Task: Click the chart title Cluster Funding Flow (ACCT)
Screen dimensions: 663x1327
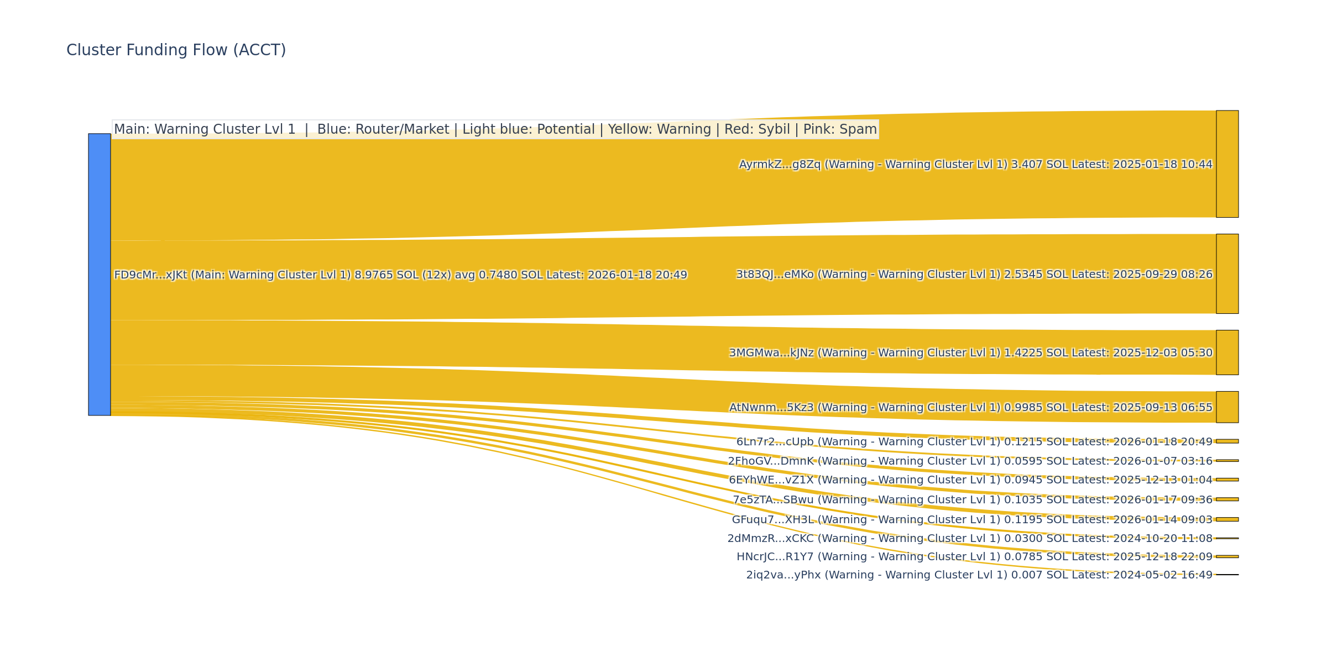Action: pyautogui.click(x=176, y=50)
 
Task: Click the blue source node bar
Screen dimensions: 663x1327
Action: pyautogui.click(x=100, y=274)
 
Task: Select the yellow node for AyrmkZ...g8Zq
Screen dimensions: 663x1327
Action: pyautogui.click(x=1227, y=164)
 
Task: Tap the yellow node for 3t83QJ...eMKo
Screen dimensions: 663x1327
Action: pyautogui.click(x=1227, y=274)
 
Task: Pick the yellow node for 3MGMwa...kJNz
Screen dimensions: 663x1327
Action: pyautogui.click(x=1227, y=352)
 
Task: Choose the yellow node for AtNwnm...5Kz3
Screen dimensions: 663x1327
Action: pyautogui.click(x=1227, y=407)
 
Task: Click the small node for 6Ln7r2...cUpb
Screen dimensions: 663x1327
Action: pyautogui.click(x=1227, y=441)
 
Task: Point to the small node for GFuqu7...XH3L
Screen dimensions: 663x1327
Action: pyautogui.click(x=1227, y=519)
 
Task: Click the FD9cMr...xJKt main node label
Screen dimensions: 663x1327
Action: pyautogui.click(x=400, y=275)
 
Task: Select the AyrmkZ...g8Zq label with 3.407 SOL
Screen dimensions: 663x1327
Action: pyautogui.click(x=975, y=165)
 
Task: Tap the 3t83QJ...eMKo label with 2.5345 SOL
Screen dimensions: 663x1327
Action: pyautogui.click(x=974, y=275)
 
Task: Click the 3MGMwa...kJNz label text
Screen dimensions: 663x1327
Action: pyautogui.click(x=970, y=353)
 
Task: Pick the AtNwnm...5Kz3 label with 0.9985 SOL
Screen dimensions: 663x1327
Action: pyautogui.click(x=970, y=408)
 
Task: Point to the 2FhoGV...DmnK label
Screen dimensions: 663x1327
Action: pyautogui.click(x=970, y=461)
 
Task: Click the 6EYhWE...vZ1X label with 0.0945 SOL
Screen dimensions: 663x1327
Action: pyautogui.click(x=970, y=480)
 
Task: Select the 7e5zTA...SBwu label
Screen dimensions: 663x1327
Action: pyautogui.click(x=972, y=500)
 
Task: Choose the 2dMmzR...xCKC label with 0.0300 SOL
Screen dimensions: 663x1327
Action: pyautogui.click(x=970, y=539)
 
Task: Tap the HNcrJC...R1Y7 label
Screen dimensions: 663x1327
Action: pyautogui.click(x=974, y=557)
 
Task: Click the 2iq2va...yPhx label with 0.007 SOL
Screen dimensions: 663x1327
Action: pyautogui.click(x=979, y=575)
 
